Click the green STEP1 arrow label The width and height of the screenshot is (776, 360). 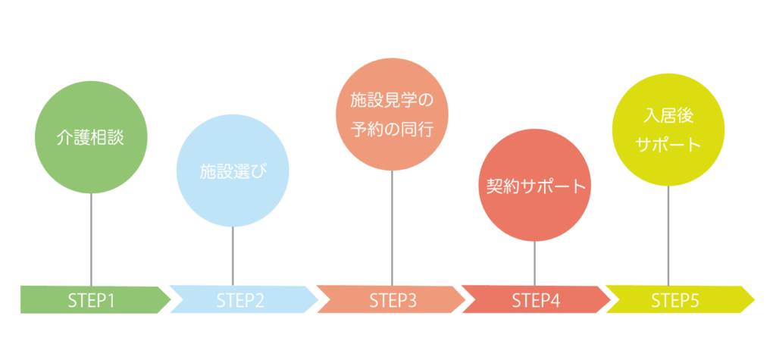(91, 300)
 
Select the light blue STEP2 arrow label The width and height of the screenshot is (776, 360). (240, 300)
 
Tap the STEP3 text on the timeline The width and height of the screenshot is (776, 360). (393, 300)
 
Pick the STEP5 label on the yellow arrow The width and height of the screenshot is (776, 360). (675, 300)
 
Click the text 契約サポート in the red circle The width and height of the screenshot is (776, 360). (536, 186)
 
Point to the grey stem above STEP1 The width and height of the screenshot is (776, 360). (91, 239)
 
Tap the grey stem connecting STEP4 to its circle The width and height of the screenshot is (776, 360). (535, 262)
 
